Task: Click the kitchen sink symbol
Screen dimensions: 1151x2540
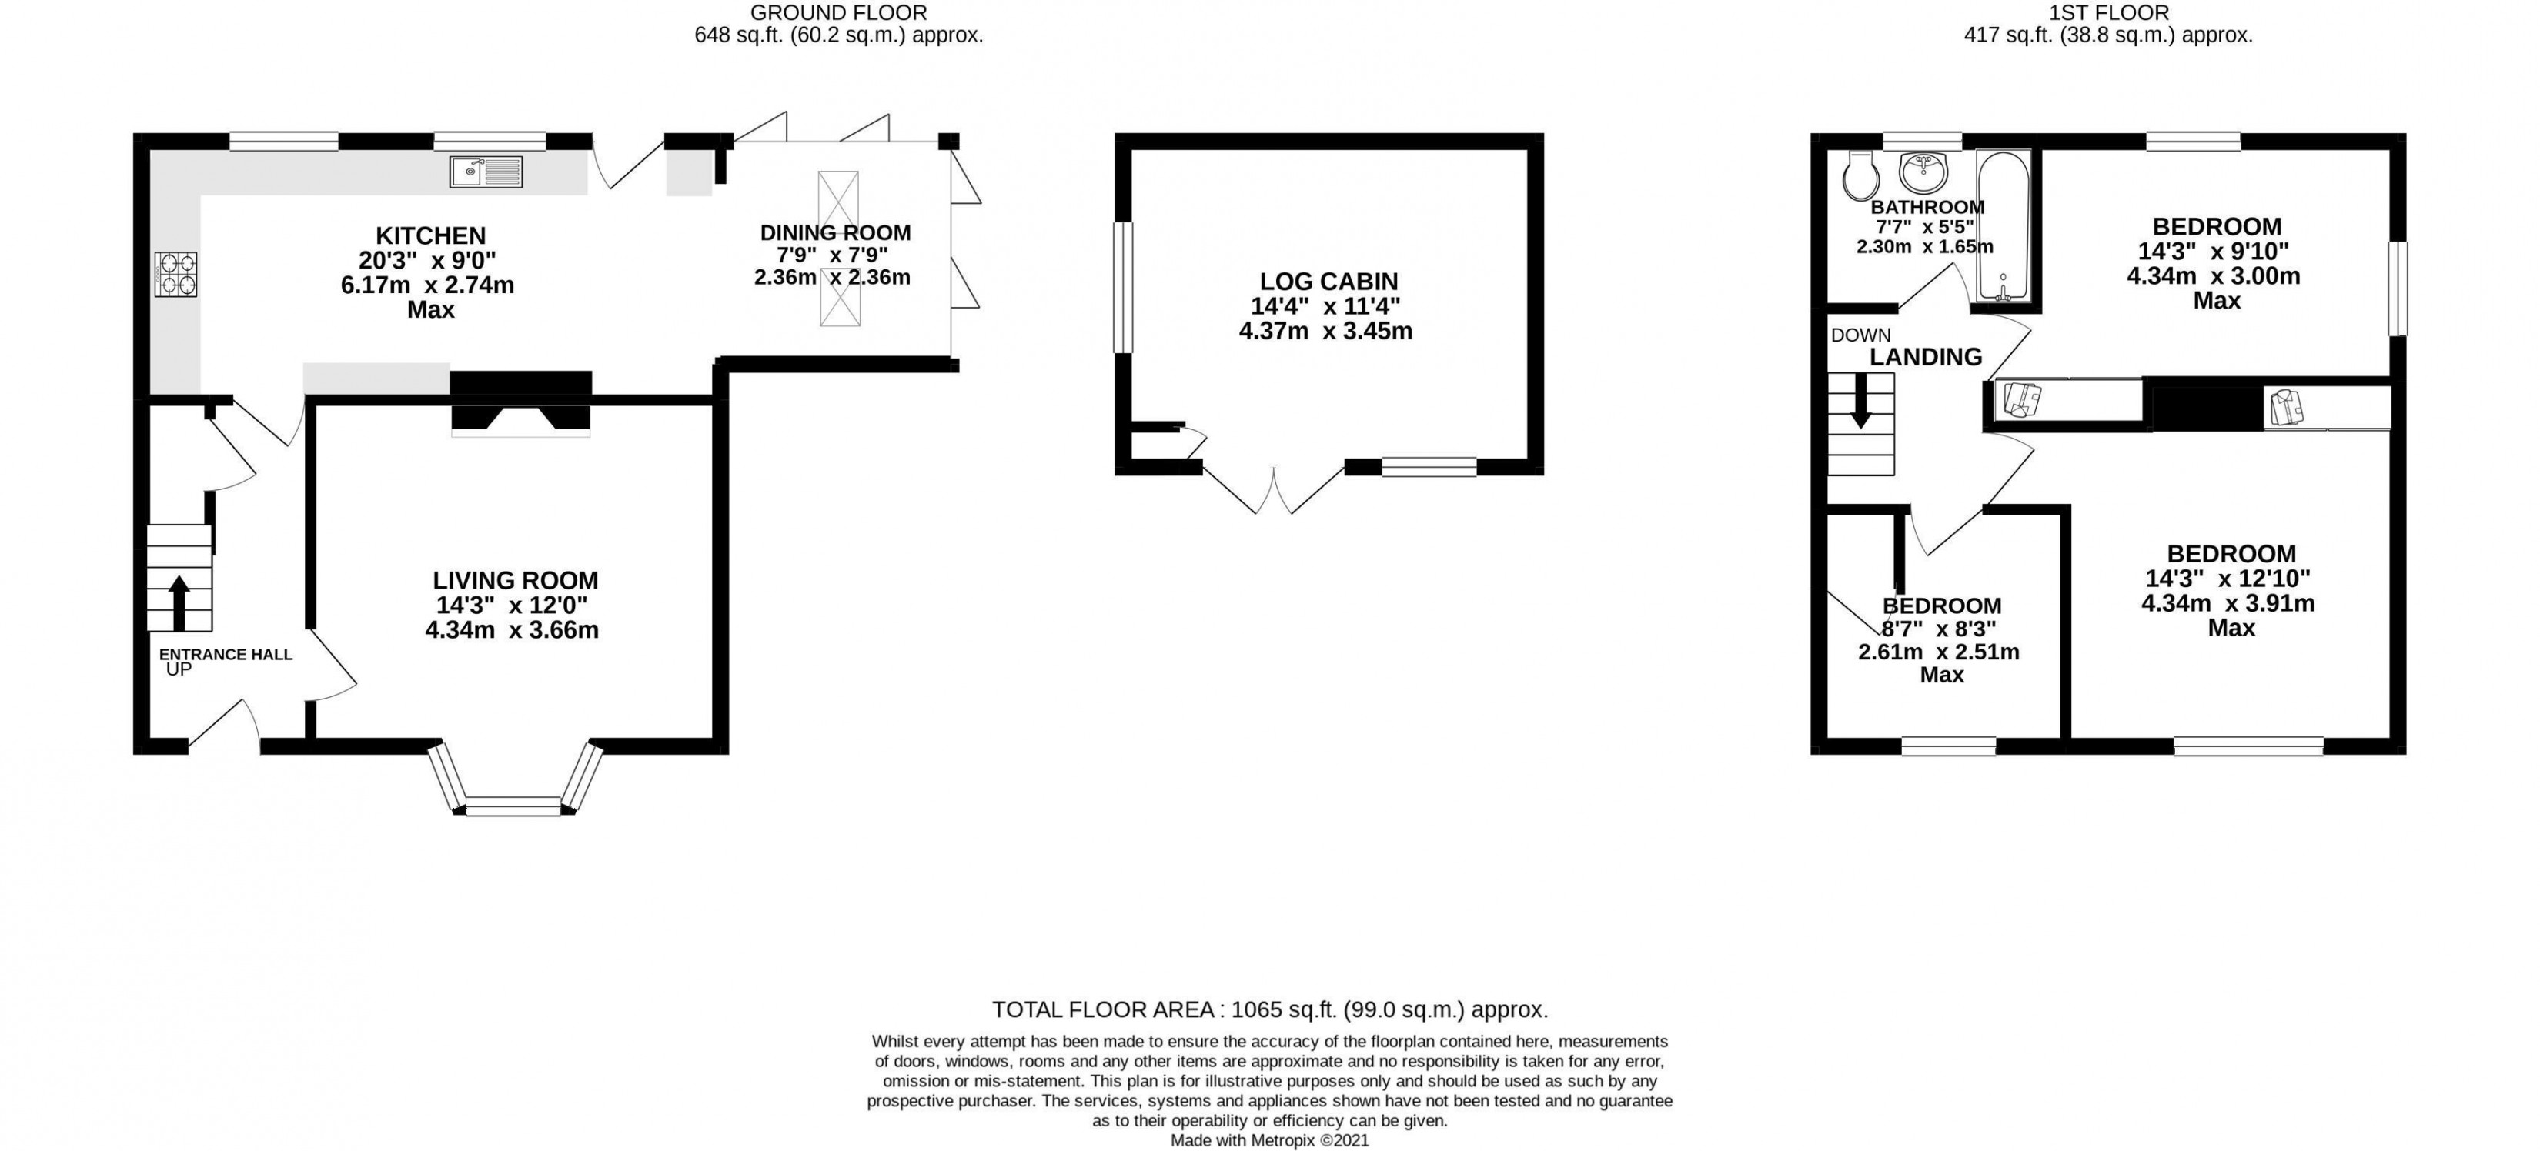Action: [486, 172]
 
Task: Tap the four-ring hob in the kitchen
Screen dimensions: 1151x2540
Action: [176, 274]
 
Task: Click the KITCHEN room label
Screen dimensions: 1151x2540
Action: [431, 235]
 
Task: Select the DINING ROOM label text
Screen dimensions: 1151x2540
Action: [835, 232]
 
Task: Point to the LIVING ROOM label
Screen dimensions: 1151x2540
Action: [515, 580]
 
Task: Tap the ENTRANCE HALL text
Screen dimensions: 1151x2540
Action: [226, 654]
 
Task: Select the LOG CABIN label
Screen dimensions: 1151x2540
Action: [1328, 281]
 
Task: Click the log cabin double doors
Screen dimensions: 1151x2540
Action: [1274, 491]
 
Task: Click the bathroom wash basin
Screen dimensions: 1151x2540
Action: [1923, 172]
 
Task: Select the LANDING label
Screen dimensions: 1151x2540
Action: [1926, 357]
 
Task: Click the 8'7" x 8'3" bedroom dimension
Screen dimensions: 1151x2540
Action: [1939, 629]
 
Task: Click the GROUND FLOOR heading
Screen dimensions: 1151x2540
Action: [838, 13]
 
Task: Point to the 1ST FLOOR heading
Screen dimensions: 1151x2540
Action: [2108, 13]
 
